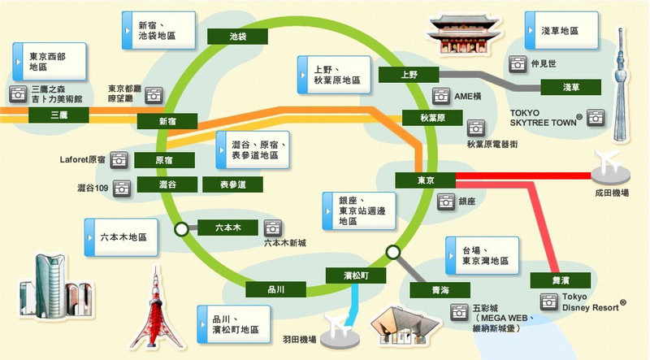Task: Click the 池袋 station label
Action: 238,37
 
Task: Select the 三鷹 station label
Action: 58,115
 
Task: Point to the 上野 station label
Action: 409,75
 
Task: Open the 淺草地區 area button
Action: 555,31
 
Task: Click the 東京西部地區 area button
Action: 42,62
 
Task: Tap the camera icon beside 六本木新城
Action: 273,228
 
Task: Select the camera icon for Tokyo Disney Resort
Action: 549,301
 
